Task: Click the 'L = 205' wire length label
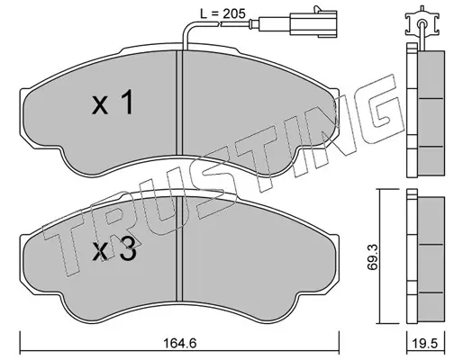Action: pyautogui.click(x=223, y=13)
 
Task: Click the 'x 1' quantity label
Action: pyautogui.click(x=113, y=103)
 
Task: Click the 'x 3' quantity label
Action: pyautogui.click(x=114, y=250)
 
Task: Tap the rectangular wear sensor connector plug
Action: pyautogui.click(x=313, y=24)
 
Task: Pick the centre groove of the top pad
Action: pyautogui.click(x=179, y=103)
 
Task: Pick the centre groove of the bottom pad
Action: pyautogui.click(x=179, y=249)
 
